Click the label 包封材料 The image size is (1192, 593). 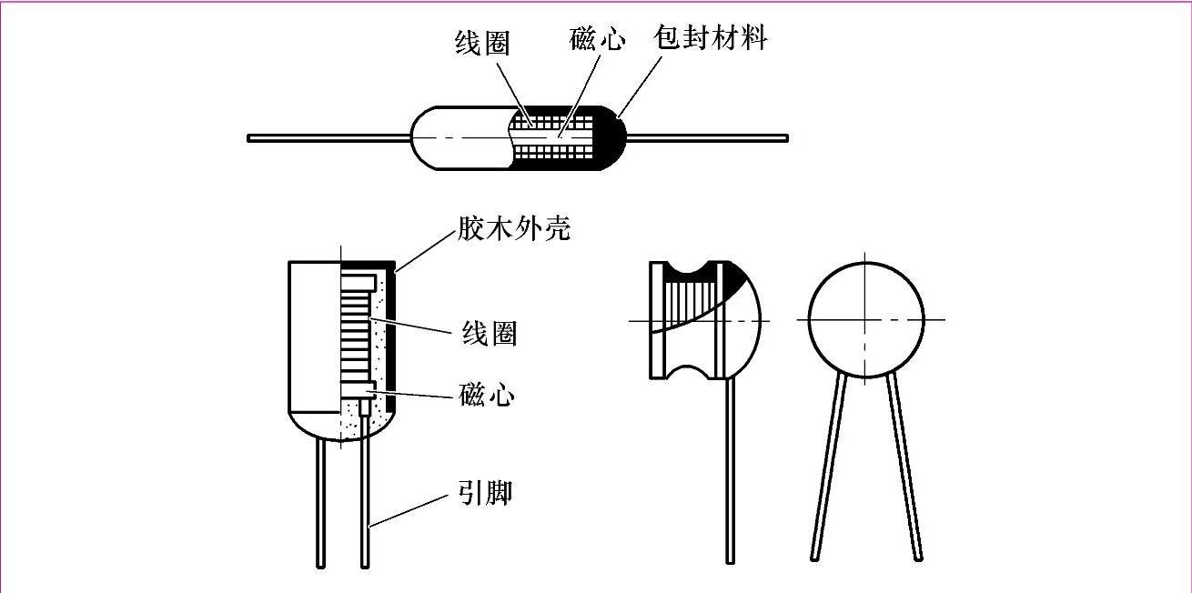pos(710,38)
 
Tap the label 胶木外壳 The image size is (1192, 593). pos(513,228)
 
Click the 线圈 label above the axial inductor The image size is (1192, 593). pos(481,44)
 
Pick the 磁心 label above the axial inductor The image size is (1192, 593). pos(597,39)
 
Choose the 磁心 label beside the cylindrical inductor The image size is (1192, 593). pos(487,395)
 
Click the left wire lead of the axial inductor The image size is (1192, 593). pos(328,138)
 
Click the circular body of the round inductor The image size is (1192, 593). pos(865,318)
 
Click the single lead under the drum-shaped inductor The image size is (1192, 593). pos(730,473)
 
